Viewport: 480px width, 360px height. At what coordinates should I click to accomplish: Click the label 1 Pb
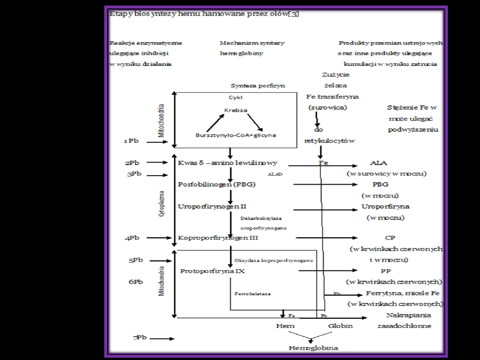[131, 141]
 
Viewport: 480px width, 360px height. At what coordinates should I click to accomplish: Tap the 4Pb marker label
[132, 238]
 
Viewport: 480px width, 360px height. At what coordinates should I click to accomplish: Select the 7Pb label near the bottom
[140, 338]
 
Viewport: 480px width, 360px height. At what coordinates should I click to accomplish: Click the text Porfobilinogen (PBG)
[217, 184]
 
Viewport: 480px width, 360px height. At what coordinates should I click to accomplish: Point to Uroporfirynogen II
[212, 206]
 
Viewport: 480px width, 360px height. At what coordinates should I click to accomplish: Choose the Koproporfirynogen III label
[218, 238]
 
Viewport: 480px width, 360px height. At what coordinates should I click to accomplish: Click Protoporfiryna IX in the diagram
[212, 271]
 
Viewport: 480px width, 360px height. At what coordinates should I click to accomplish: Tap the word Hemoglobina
[313, 348]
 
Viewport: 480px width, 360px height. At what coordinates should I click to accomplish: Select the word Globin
[340, 326]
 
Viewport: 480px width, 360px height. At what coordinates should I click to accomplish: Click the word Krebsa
[236, 110]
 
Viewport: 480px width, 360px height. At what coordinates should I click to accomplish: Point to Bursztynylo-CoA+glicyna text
[236, 135]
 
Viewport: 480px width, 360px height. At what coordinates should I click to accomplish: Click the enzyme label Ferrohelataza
[252, 294]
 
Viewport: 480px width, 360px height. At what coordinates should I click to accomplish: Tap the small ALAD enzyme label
[275, 175]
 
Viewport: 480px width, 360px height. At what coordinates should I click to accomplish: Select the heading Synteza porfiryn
[258, 85]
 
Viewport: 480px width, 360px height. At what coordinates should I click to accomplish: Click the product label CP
[390, 238]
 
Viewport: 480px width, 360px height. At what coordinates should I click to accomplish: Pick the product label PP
[385, 271]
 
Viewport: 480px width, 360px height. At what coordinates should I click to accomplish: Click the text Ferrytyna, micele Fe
[403, 293]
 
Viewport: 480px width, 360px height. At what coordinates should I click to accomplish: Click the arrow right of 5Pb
[161, 260]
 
